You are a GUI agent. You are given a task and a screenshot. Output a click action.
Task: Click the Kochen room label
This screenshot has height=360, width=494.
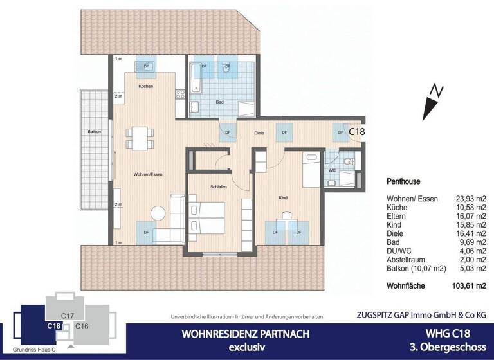coord(145,86)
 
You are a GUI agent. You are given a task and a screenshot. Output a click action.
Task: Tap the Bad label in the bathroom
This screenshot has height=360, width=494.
coord(219,102)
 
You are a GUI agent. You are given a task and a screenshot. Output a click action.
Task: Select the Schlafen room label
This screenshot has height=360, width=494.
coord(219,186)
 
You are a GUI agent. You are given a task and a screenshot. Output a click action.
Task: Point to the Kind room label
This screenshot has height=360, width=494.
coord(282,198)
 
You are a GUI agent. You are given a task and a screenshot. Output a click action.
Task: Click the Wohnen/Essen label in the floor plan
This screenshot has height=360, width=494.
coord(147,174)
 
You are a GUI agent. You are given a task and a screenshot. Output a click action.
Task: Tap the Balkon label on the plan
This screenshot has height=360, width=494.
coord(95,132)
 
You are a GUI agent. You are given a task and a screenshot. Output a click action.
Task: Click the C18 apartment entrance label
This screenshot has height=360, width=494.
coord(357,131)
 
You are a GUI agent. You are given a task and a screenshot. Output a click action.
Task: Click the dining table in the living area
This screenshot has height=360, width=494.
coord(141,136)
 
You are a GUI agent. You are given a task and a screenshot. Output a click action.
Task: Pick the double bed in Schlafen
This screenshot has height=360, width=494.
coord(208,219)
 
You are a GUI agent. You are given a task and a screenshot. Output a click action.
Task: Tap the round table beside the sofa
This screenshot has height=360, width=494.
coord(156,212)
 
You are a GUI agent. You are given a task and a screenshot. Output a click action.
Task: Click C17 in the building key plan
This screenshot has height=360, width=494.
coord(69,316)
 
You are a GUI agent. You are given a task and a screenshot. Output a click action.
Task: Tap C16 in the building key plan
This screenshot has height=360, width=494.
coord(82,327)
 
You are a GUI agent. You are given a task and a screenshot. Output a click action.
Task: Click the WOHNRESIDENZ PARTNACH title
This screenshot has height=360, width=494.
coord(237,334)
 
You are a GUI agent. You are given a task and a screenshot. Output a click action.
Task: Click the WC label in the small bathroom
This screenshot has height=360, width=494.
coord(333,171)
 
